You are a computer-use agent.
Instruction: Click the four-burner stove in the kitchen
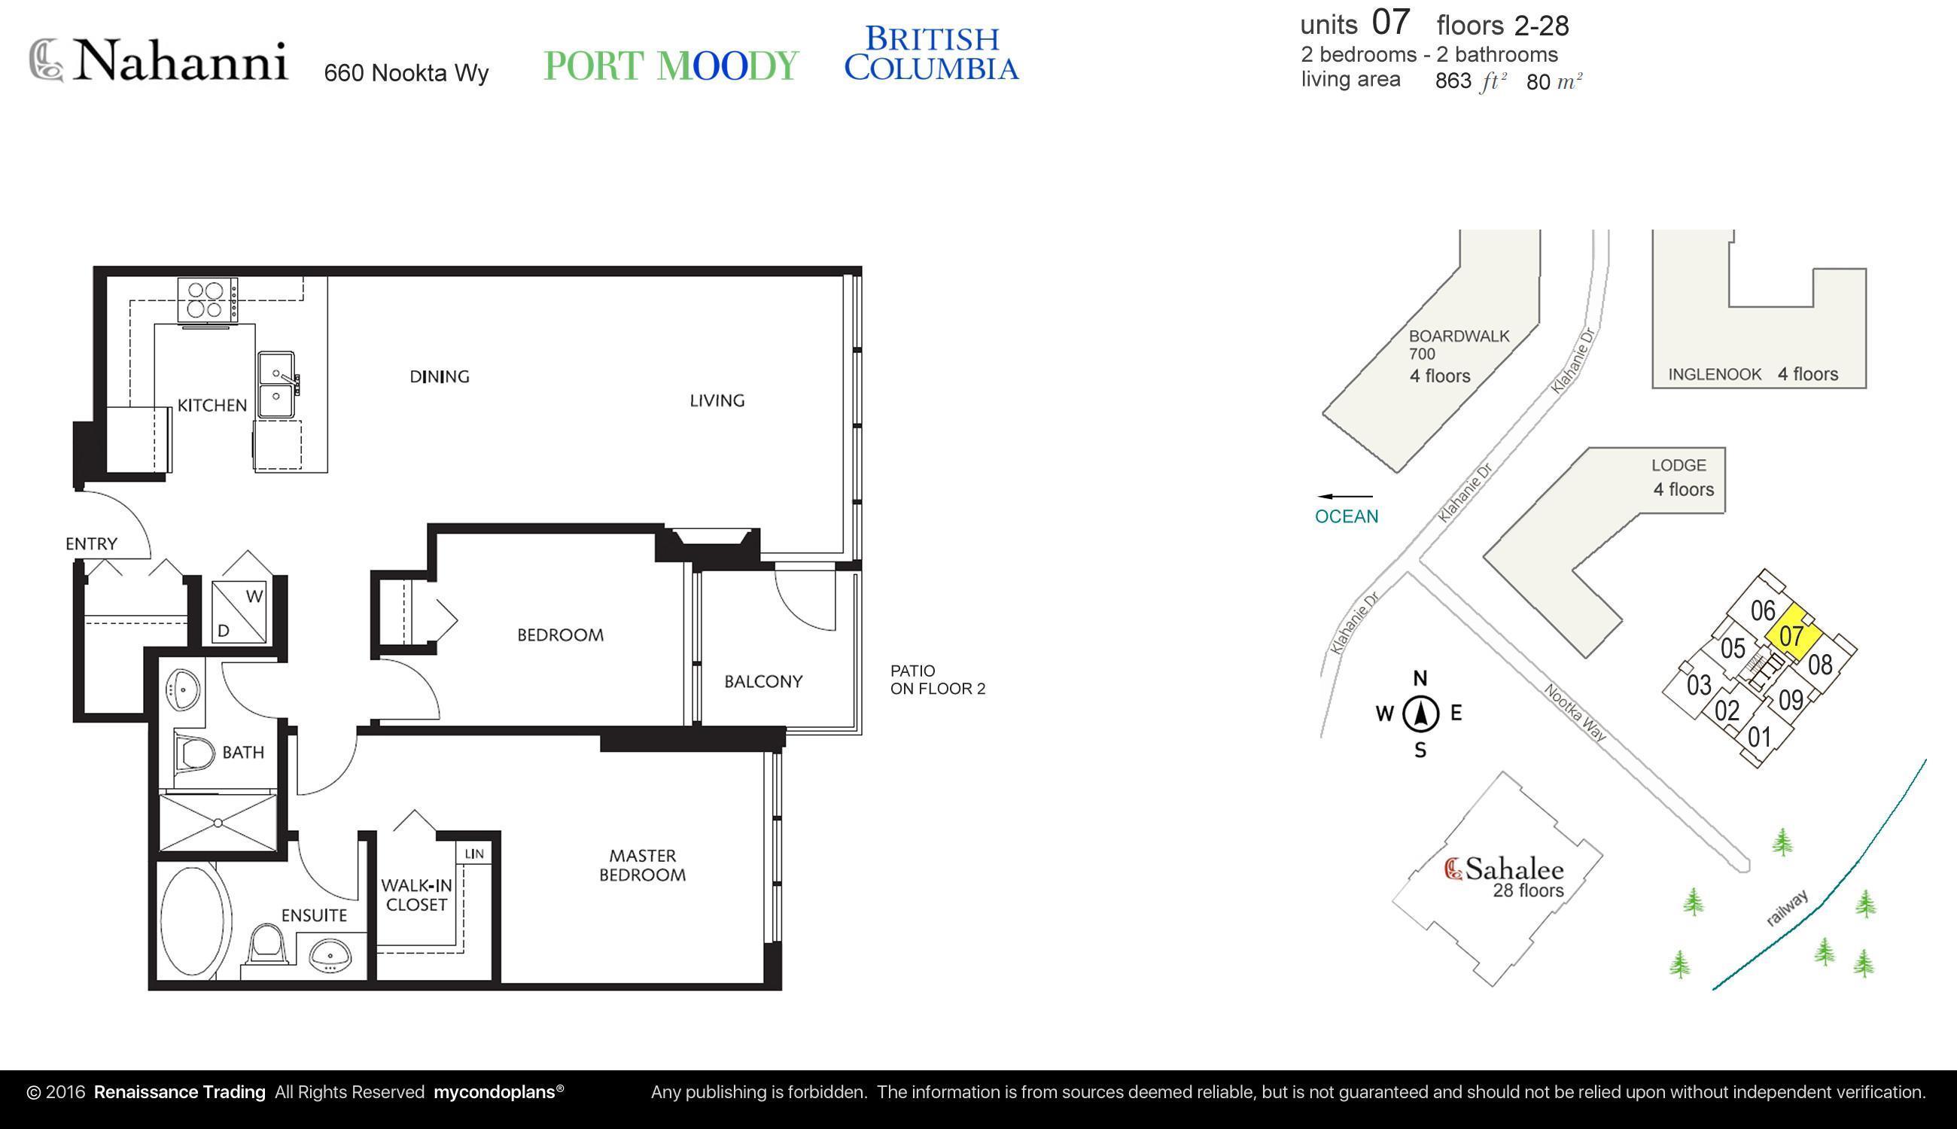(x=208, y=300)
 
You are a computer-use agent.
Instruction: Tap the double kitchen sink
(x=276, y=385)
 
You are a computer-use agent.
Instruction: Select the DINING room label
(x=440, y=377)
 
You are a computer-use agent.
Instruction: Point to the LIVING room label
(x=717, y=401)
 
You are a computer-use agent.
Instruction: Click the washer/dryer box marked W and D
(x=239, y=612)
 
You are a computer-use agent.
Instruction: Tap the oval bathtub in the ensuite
(x=195, y=922)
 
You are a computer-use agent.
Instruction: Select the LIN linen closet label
(x=474, y=854)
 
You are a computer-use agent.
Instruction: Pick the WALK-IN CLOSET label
(x=416, y=895)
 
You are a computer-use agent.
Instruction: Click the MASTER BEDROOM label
(x=643, y=866)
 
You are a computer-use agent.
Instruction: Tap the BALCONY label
(x=764, y=682)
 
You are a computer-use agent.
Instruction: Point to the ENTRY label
(x=92, y=544)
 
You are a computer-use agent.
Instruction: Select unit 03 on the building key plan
(x=1699, y=685)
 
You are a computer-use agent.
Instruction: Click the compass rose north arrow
(x=1420, y=714)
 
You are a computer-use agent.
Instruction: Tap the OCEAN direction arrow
(x=1344, y=496)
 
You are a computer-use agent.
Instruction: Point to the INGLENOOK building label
(x=1715, y=375)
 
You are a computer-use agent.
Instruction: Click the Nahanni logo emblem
(x=47, y=59)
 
